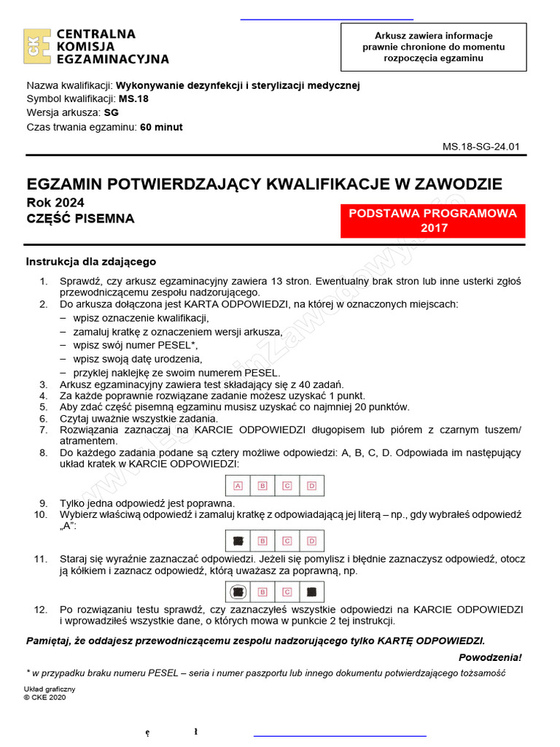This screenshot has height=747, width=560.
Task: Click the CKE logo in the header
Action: click(37, 47)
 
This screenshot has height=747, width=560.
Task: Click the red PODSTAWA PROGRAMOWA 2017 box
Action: click(432, 220)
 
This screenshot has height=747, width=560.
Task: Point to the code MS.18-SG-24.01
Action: click(481, 146)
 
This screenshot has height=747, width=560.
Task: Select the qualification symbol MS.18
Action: click(133, 98)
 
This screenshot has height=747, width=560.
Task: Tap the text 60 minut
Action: click(161, 126)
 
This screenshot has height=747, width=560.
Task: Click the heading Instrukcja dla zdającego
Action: click(91, 261)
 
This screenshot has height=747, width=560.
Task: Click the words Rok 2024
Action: click(55, 202)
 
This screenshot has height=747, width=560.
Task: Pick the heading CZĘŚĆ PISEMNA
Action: click(80, 218)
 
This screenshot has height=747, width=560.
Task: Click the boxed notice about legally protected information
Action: click(433, 47)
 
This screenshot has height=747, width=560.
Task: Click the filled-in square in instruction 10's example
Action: click(238, 541)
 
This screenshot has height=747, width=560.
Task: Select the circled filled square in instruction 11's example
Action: click(238, 592)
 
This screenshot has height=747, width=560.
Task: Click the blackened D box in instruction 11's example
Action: click(311, 592)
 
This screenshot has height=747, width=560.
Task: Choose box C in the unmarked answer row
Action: click(287, 485)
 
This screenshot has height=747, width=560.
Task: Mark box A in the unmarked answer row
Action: click(238, 485)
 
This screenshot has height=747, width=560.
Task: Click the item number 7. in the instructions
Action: click(44, 430)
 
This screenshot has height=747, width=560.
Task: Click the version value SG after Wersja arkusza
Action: click(112, 112)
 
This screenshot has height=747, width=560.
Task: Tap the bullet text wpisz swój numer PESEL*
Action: click(135, 345)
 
